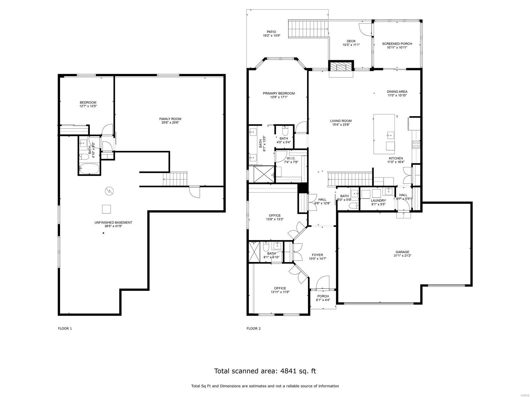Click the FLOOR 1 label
pyautogui.click(x=65, y=329)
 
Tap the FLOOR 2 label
pyautogui.click(x=253, y=329)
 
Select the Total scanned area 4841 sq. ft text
pyautogui.click(x=265, y=371)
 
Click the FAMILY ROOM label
pyautogui.click(x=170, y=119)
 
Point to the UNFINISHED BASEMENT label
pyautogui.click(x=113, y=222)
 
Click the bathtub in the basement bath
pyautogui.click(x=89, y=169)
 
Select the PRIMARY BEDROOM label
pyautogui.click(x=279, y=93)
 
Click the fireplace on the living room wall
pyautogui.click(x=341, y=67)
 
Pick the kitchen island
pyautogui.click(x=384, y=134)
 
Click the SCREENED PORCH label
pyautogui.click(x=397, y=44)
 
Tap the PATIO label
pyautogui.click(x=271, y=32)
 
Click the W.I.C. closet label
pyautogui.click(x=291, y=158)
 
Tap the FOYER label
pyautogui.click(x=317, y=255)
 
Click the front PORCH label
pyautogui.click(x=323, y=296)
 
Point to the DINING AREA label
pyautogui.click(x=397, y=92)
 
